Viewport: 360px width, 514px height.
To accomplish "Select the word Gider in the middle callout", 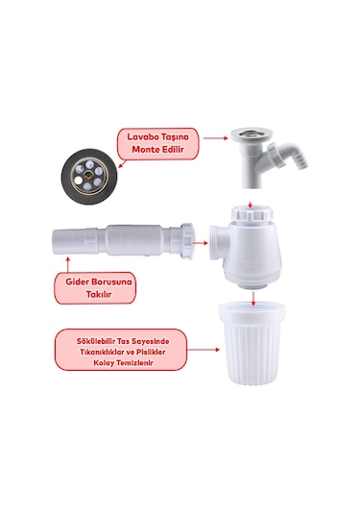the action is coord(77,281).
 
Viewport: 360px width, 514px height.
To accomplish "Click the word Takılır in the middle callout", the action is coord(99,294).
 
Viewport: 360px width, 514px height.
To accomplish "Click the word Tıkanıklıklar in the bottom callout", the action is coord(100,352).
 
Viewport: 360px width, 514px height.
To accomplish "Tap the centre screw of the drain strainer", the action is coord(88,175).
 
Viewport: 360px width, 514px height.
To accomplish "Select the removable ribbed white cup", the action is coord(252,344).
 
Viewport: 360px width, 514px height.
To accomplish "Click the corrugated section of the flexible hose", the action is coord(134,239).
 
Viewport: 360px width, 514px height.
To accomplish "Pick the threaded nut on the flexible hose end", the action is coord(187,241).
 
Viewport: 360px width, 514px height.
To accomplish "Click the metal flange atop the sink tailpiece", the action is coord(252,134).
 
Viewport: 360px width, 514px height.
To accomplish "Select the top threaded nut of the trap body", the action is coord(252,213).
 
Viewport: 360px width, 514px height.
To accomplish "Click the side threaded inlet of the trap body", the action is coord(216,242).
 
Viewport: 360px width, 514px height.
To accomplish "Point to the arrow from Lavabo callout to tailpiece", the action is coord(216,138).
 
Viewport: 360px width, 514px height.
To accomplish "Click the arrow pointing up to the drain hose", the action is coord(68,264).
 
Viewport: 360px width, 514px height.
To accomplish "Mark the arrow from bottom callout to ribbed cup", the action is coord(204,350).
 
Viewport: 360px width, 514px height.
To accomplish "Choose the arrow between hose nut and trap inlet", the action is coord(200,243).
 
